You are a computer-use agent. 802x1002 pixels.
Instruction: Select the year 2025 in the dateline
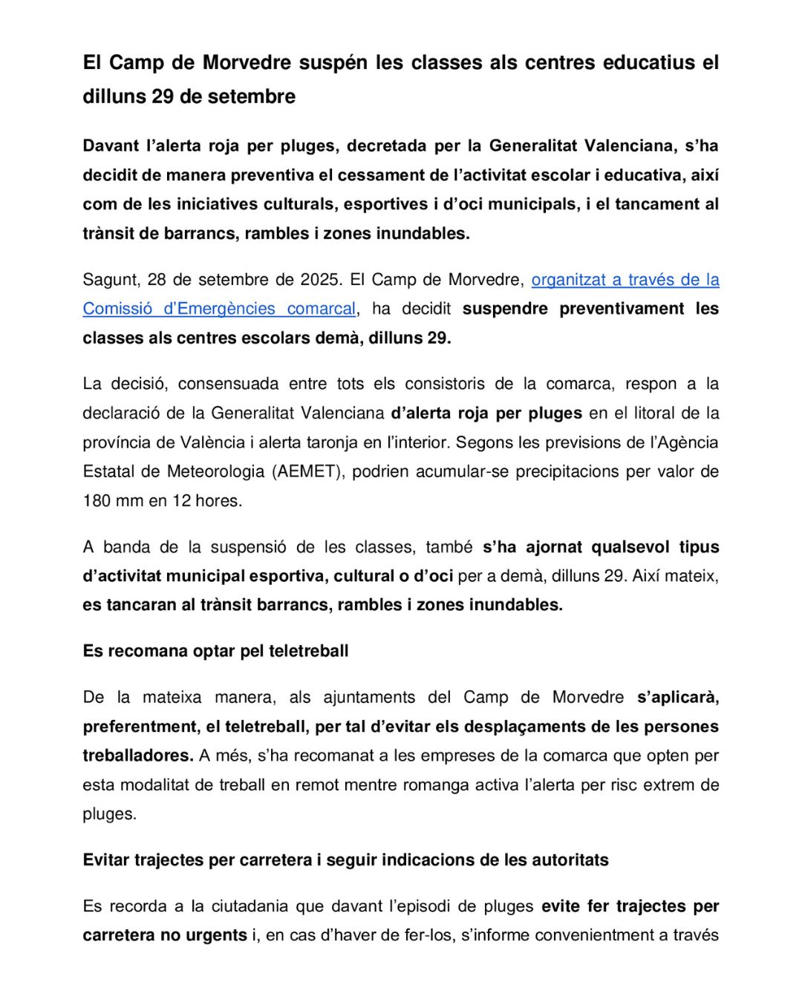tap(320, 280)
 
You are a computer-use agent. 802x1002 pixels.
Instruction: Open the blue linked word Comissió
tap(117, 309)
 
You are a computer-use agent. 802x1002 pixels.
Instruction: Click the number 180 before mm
tap(97, 501)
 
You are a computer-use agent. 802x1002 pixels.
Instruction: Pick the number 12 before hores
tap(182, 501)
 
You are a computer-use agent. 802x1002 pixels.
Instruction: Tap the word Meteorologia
tap(216, 471)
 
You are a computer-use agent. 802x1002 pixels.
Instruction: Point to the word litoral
tap(654, 413)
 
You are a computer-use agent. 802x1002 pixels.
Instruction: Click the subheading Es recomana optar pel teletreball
tap(215, 651)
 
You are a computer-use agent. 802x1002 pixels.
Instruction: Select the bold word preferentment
tap(138, 727)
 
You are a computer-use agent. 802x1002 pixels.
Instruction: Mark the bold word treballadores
tap(137, 756)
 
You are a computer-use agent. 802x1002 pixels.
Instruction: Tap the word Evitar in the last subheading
tap(106, 860)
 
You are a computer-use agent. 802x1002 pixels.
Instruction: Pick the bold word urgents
tap(217, 935)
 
